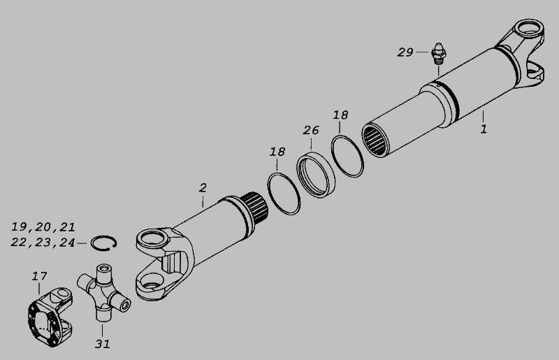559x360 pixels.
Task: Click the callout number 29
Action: point(405,52)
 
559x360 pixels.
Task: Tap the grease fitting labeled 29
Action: point(439,54)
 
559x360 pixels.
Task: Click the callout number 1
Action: point(484,129)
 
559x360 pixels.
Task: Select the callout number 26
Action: point(311,130)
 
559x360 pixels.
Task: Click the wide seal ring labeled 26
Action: point(316,175)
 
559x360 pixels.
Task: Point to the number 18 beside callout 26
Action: point(340,115)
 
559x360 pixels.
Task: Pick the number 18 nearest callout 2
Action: point(277,152)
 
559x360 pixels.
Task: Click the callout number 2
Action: point(203,188)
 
